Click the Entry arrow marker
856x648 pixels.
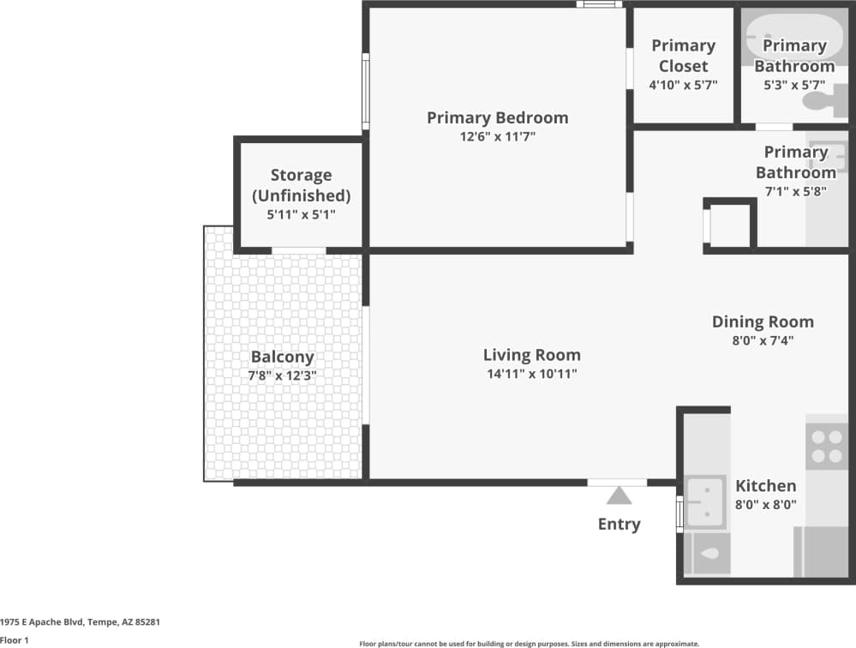618,496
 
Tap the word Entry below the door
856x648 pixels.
619,525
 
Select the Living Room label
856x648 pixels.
531,355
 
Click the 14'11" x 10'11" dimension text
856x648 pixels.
531,374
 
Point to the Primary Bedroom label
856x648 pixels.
497,117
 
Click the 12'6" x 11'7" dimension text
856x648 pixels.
497,137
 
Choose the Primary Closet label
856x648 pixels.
683,56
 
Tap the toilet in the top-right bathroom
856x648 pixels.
823,103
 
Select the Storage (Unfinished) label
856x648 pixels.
301,185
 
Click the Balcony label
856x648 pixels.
282,357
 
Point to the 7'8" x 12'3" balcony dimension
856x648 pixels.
282,375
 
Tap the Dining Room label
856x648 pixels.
763,321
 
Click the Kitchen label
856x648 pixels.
765,485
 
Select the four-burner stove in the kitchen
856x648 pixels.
826,447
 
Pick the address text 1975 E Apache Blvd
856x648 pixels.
81,621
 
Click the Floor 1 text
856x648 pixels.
15,639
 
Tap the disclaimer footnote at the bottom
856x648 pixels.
529,643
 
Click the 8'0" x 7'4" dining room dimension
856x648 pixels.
763,340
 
